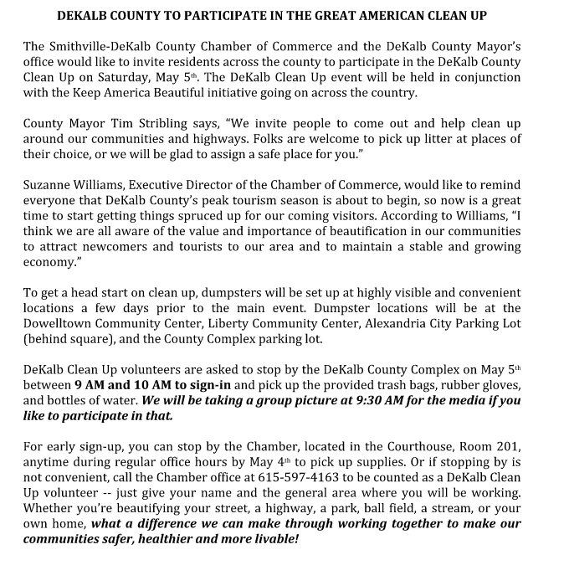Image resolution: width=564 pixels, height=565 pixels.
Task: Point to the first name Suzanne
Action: coord(50,184)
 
